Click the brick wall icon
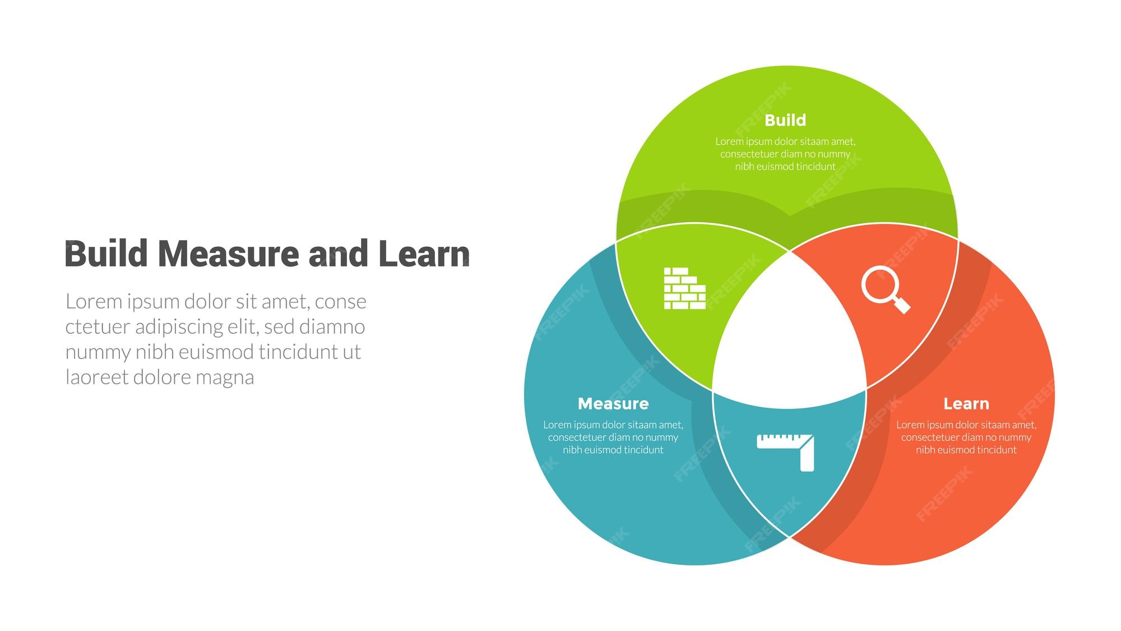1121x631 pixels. [x=684, y=288]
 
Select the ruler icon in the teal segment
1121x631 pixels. [x=785, y=452]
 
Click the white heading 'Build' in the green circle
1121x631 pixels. [x=785, y=120]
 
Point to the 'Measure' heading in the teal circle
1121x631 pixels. [x=613, y=404]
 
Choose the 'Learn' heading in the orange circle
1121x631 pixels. [x=966, y=404]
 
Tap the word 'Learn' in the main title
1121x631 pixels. [x=424, y=254]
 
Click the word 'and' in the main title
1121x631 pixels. [x=338, y=254]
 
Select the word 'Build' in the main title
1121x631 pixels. [x=106, y=254]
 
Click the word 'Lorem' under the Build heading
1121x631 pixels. [x=729, y=141]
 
